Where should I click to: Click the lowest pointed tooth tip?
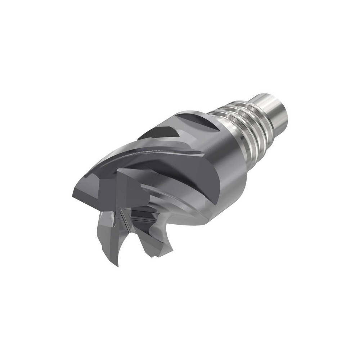pyautogui.click(x=117, y=265)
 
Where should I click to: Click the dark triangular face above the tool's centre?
pyautogui.click(x=130, y=187)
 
